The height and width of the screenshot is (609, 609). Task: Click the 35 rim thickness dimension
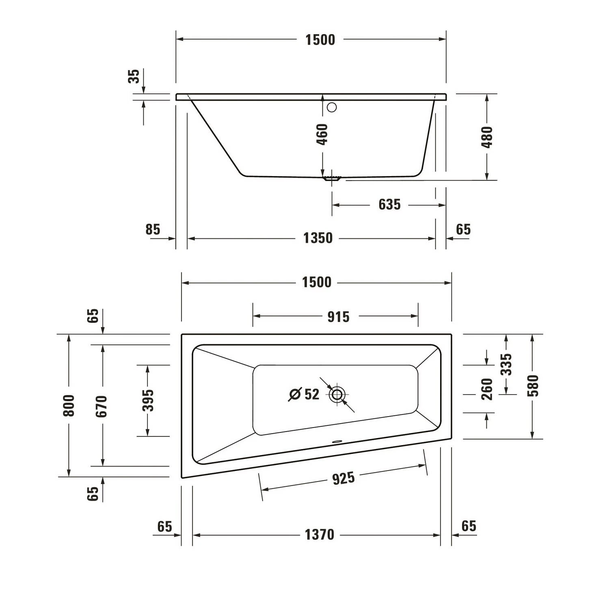(134, 76)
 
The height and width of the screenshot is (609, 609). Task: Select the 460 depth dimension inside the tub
(322, 134)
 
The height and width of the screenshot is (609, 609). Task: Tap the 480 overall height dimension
(487, 137)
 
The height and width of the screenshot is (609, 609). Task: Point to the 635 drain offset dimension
(389, 205)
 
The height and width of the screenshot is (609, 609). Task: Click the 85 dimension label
(153, 229)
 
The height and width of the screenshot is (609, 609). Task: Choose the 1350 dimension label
(318, 238)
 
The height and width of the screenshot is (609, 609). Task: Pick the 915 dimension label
(338, 317)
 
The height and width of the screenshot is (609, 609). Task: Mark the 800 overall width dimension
(69, 405)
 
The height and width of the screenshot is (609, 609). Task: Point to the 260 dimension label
(487, 389)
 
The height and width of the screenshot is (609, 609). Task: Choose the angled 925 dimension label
(343, 478)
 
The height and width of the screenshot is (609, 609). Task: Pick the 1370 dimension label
(319, 535)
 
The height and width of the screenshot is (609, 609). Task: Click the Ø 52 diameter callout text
(304, 394)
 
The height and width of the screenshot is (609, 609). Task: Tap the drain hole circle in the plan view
(337, 394)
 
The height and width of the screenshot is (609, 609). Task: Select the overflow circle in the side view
(332, 107)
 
